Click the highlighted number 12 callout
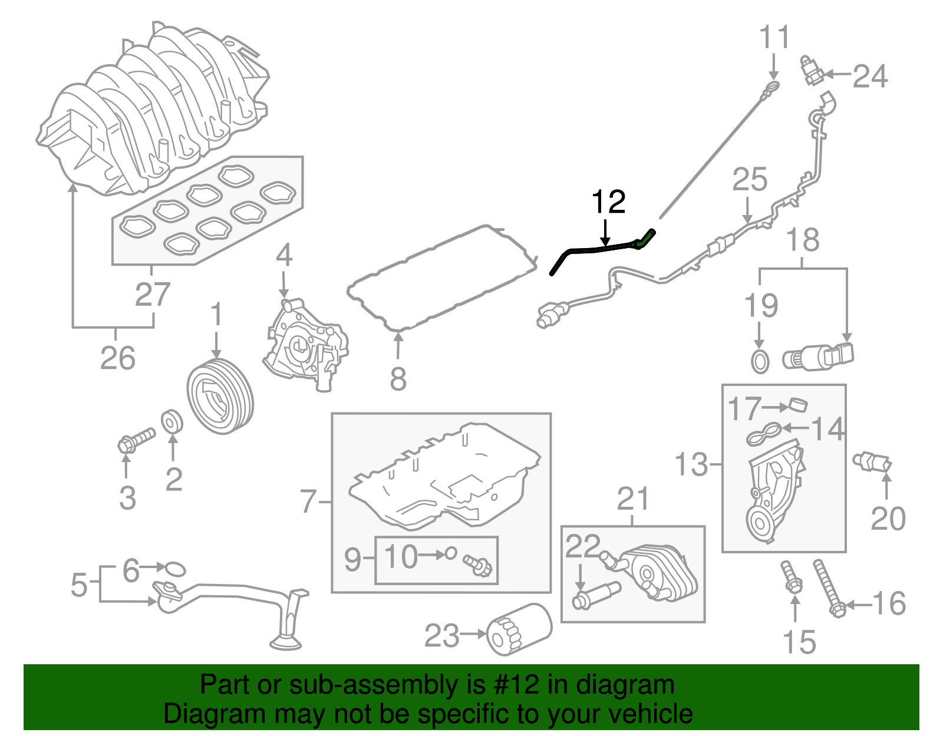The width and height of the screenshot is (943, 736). coord(608,203)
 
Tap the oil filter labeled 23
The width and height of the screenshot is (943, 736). coord(519,629)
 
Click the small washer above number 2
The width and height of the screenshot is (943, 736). coord(172,422)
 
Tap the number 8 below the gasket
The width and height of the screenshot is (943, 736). coord(398,379)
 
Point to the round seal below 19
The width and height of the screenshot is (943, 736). coord(760,361)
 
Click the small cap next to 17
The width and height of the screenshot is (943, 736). coord(798,405)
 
